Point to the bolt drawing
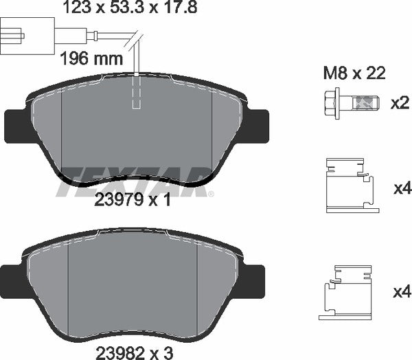click(347, 103)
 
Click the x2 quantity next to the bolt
click(400, 104)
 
